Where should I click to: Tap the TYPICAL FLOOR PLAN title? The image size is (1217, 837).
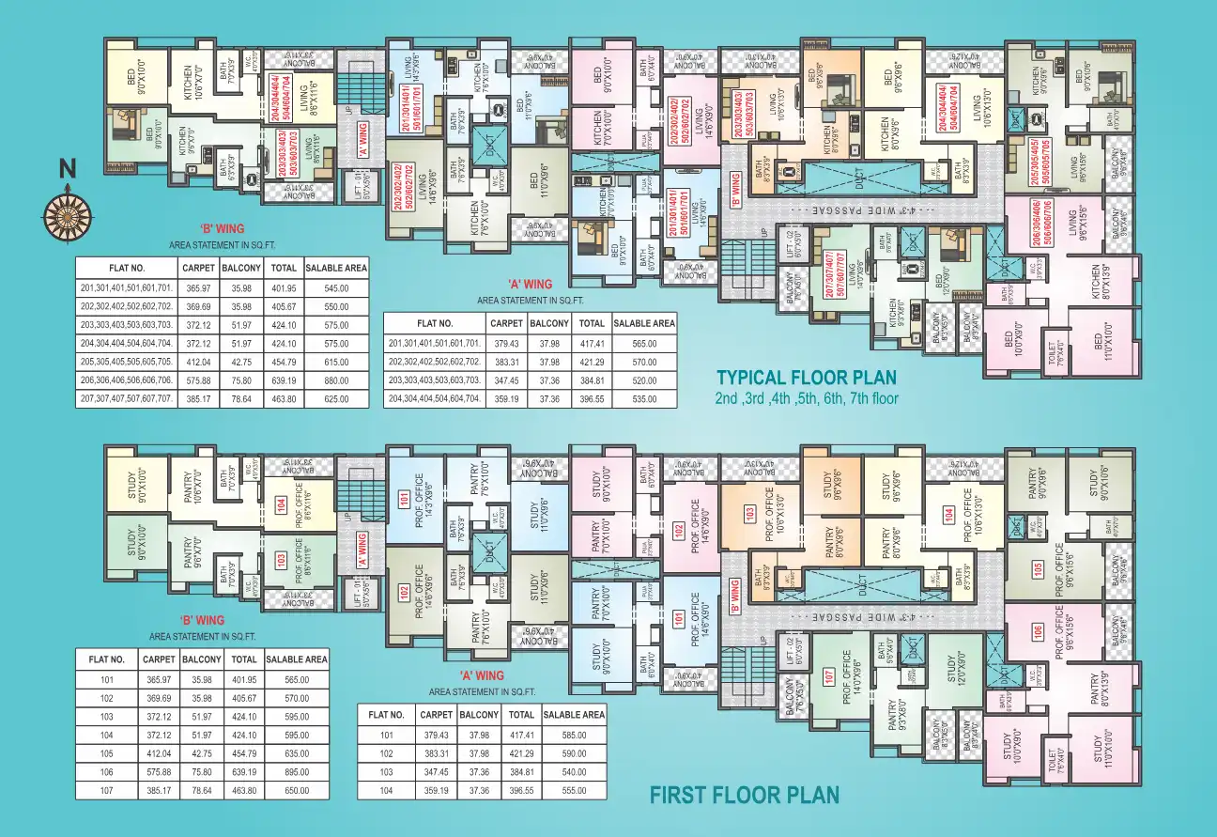(806, 378)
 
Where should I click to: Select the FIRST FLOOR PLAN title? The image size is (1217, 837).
(744, 796)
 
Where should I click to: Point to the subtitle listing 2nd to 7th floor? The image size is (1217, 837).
(807, 398)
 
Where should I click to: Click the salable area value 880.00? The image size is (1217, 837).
(335, 380)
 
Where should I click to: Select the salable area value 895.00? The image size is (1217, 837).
(297, 770)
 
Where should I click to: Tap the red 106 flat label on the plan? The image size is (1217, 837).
(1038, 632)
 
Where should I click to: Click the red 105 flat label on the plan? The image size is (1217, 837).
(1038, 567)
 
